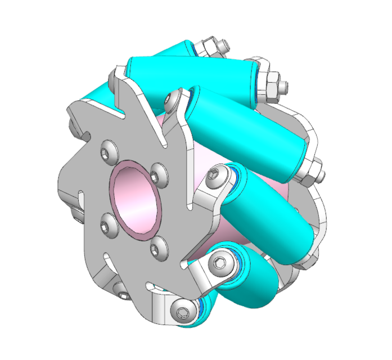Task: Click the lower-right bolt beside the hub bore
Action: click(159, 249)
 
